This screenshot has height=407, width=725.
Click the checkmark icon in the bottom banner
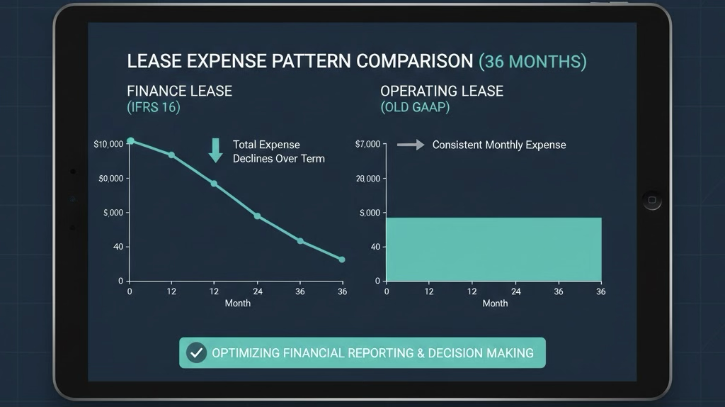(x=197, y=353)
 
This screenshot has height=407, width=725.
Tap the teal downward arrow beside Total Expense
(x=215, y=150)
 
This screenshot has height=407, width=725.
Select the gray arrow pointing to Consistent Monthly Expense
(x=411, y=145)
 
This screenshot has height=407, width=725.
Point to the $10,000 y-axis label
(x=108, y=145)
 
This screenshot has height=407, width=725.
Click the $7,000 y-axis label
(x=367, y=145)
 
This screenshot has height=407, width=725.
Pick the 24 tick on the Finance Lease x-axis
(x=258, y=291)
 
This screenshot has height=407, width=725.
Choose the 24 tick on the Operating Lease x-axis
(x=515, y=291)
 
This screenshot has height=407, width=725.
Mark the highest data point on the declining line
(x=130, y=141)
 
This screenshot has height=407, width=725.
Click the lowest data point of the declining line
(x=342, y=260)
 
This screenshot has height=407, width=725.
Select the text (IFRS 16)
(x=154, y=107)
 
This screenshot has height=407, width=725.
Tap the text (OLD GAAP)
(x=415, y=107)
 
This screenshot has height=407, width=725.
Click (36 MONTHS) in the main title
(x=532, y=62)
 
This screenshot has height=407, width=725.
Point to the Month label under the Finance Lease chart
(x=238, y=303)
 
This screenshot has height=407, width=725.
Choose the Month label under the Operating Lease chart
(x=495, y=303)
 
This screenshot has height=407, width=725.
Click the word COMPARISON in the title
(x=415, y=61)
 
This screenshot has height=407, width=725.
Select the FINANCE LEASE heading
(x=179, y=91)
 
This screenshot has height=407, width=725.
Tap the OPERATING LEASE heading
(x=442, y=91)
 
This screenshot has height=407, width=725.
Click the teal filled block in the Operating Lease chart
(x=493, y=249)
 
